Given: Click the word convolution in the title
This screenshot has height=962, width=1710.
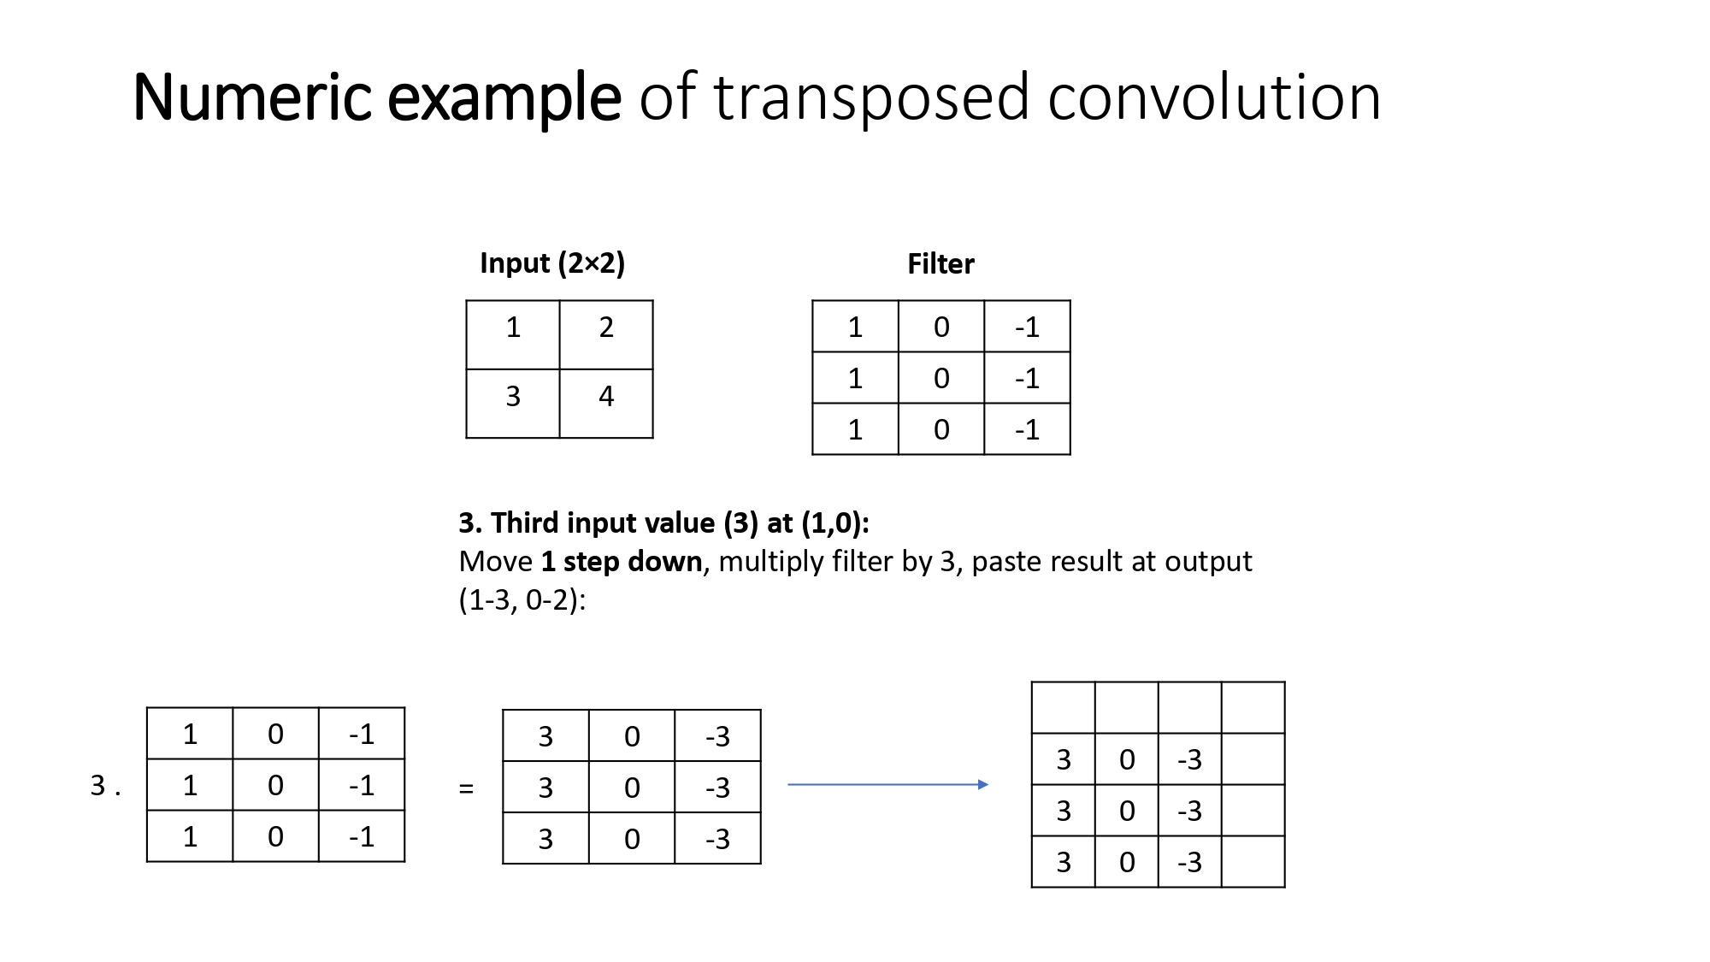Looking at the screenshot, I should pyautogui.click(x=1213, y=97).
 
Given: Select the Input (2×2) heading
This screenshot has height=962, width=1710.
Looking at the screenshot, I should pyautogui.click(x=551, y=263).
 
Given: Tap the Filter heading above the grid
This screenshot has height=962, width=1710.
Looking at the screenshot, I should pyautogui.click(x=940, y=263).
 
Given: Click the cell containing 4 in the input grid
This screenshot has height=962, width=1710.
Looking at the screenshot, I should pyautogui.click(x=606, y=403).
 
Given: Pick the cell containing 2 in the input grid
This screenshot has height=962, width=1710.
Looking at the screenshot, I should pyautogui.click(x=606, y=334).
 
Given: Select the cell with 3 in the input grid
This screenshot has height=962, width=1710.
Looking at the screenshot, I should pyautogui.click(x=512, y=403).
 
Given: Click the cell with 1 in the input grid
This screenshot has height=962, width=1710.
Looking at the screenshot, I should pyautogui.click(x=512, y=334).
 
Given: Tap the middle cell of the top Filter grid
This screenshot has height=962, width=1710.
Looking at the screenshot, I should pyautogui.click(x=940, y=378).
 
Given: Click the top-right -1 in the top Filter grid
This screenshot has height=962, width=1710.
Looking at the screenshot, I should pyautogui.click(x=1027, y=327).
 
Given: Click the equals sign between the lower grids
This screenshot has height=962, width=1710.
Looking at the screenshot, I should pyautogui.click(x=466, y=788).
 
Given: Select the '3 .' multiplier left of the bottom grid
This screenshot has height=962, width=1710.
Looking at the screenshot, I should pyautogui.click(x=105, y=785).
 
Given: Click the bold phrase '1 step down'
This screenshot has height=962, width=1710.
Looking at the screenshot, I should pyautogui.click(x=621, y=561).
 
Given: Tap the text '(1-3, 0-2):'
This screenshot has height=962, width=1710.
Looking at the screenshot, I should pyautogui.click(x=522, y=599).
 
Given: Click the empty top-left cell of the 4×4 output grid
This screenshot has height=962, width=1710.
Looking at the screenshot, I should pyautogui.click(x=1063, y=707).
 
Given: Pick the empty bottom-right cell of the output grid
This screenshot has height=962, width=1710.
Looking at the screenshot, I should pyautogui.click(x=1253, y=861).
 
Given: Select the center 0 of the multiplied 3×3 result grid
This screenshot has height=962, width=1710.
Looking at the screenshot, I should pyautogui.click(x=631, y=788).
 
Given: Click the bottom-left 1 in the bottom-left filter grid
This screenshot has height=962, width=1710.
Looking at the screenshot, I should pyautogui.click(x=190, y=836).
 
